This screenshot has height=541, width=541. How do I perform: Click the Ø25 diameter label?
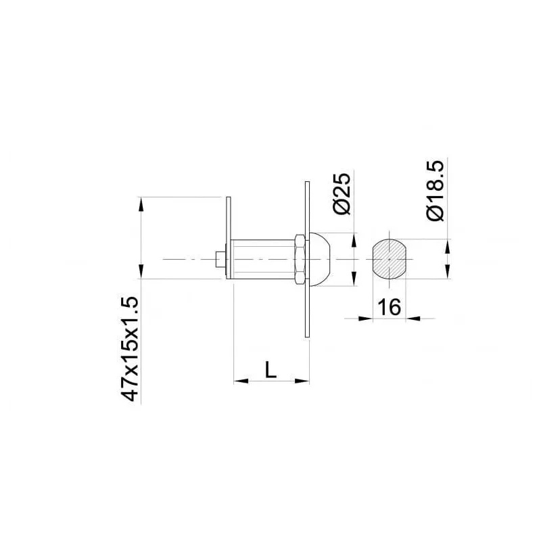(x=343, y=194)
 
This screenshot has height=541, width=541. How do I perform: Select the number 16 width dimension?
(x=390, y=308)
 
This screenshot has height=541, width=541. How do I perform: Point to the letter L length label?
(x=270, y=369)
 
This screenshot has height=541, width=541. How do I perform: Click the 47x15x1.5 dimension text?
(x=129, y=350)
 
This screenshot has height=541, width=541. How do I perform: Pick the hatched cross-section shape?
(x=390, y=258)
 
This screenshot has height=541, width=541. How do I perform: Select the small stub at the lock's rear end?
(x=218, y=259)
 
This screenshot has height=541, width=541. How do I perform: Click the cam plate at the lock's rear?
(x=229, y=237)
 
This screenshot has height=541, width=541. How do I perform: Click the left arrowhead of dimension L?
(x=237, y=381)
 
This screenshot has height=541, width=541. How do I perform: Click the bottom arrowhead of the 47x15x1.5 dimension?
(x=141, y=273)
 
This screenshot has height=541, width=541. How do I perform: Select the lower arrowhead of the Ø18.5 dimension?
(x=447, y=273)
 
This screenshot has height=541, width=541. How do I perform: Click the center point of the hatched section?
(x=390, y=258)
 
